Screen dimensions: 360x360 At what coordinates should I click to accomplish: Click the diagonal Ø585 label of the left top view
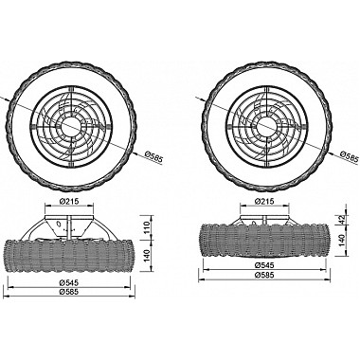tap(153, 157)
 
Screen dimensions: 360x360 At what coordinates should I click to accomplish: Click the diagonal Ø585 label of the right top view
tap(350, 157)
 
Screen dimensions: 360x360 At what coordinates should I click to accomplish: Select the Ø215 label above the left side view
tap(69, 201)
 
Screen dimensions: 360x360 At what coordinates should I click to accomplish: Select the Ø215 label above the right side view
tap(264, 201)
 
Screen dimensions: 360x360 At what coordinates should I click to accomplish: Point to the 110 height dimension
tap(147, 227)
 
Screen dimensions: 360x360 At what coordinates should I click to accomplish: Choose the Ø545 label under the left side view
tap(69, 282)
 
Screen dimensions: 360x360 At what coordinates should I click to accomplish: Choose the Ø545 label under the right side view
tap(264, 265)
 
